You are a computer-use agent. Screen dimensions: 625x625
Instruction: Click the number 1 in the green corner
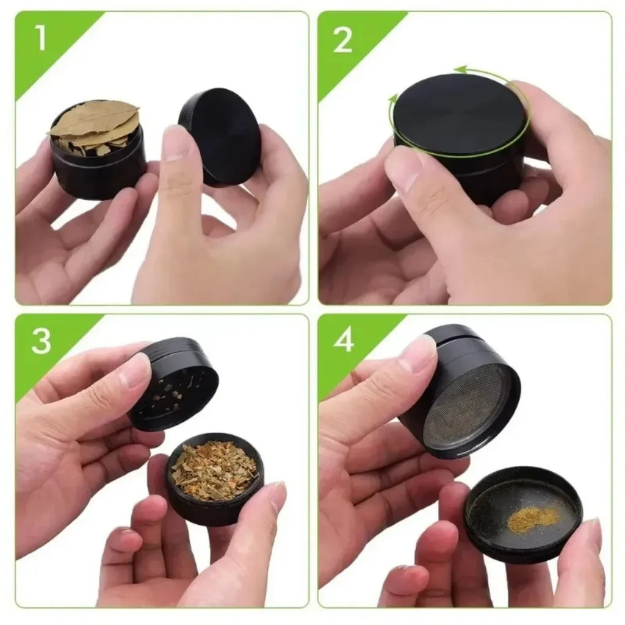40,38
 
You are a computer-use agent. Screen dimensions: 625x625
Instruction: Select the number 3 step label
41,341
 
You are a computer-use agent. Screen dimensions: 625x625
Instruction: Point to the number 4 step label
344,341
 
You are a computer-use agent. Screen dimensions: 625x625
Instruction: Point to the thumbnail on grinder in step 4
419,354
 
